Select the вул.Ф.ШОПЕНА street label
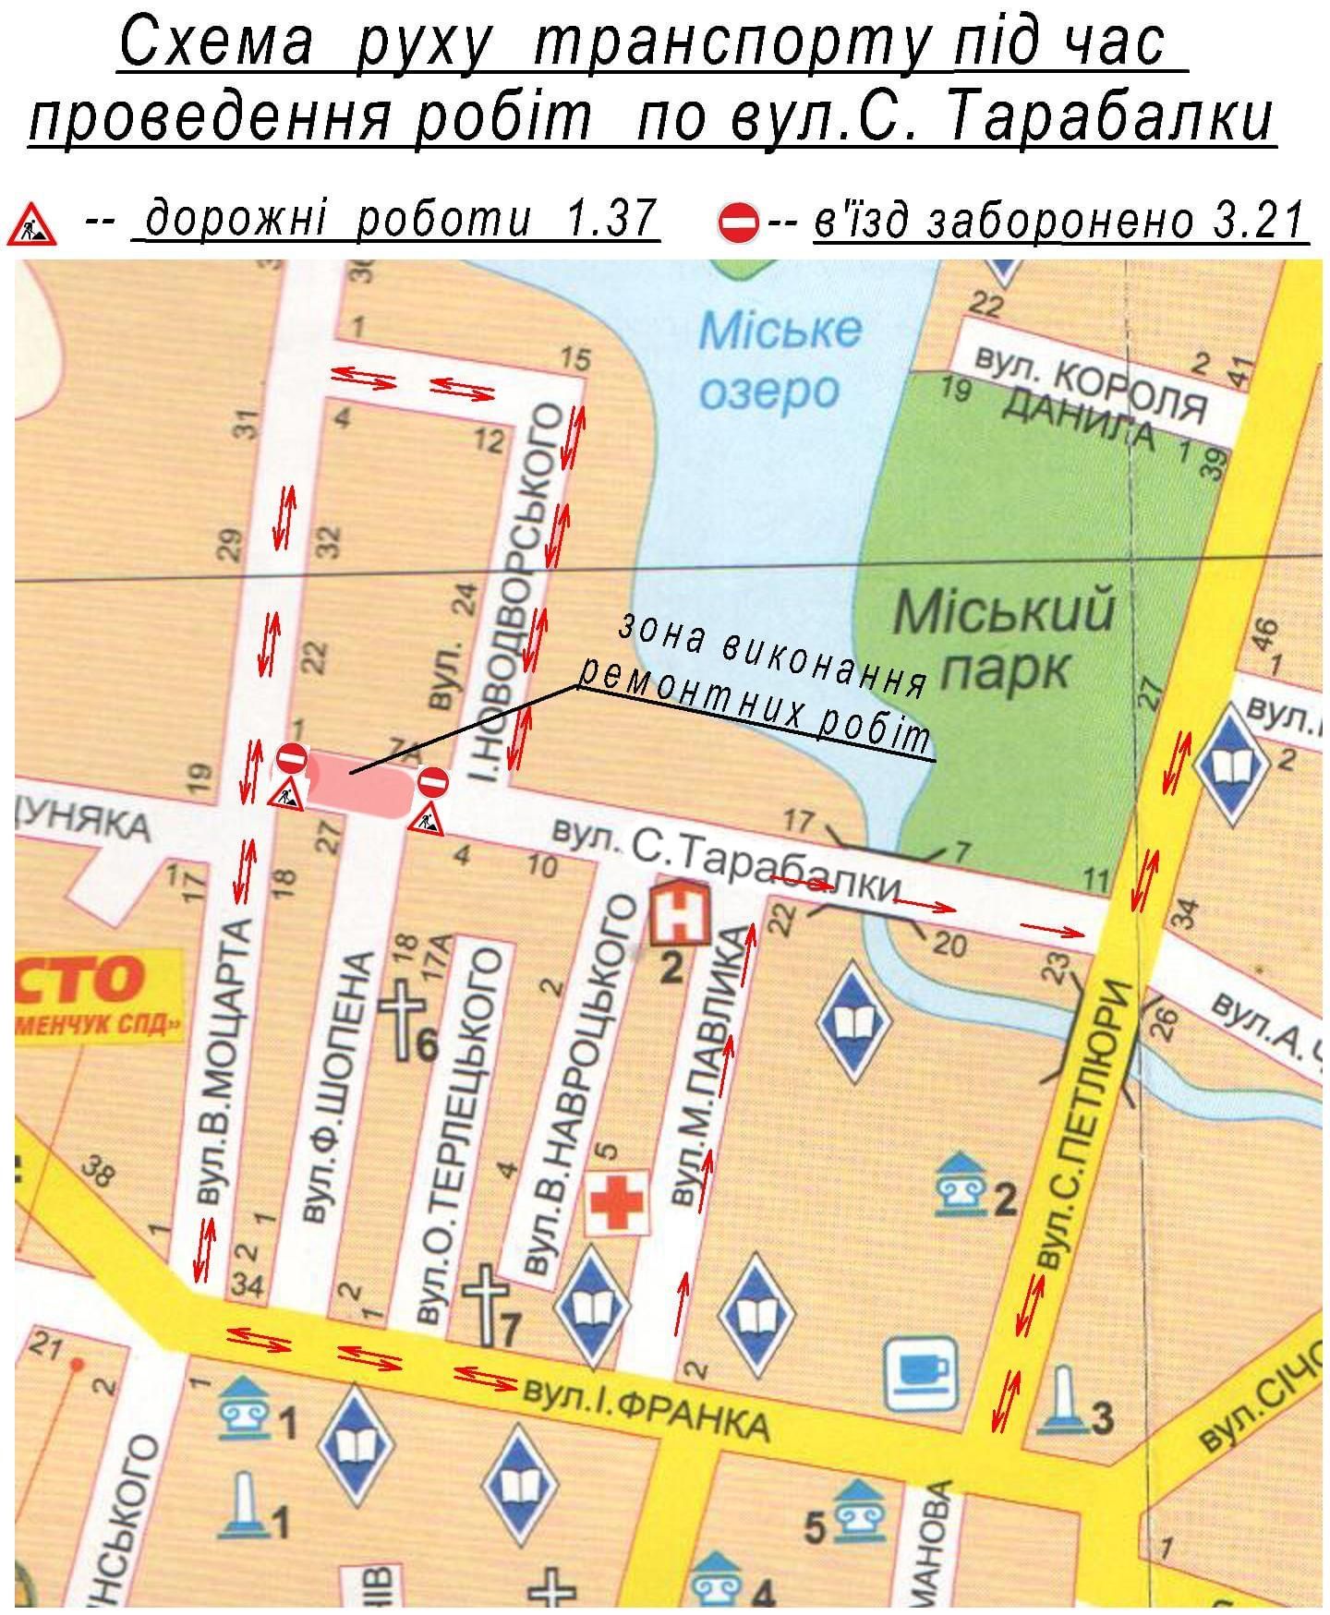tap(332, 1090)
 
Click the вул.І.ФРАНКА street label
tap(647, 1411)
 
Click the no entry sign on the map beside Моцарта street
tap(290, 759)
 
